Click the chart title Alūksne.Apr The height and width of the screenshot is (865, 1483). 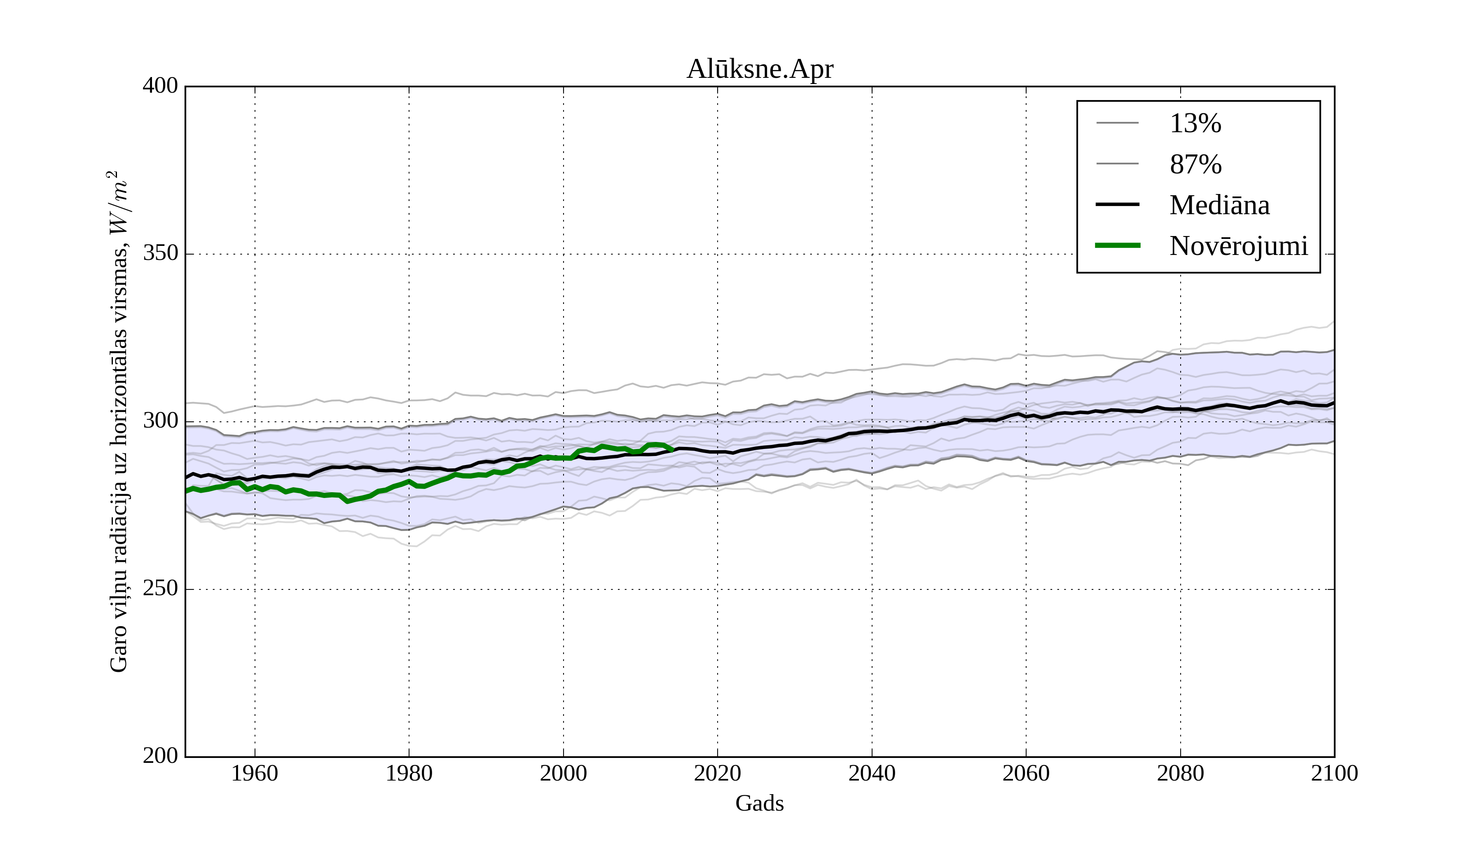[x=760, y=70]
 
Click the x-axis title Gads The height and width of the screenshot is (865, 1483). [x=759, y=803]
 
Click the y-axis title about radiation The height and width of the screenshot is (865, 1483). [x=118, y=421]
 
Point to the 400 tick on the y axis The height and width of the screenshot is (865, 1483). [x=160, y=86]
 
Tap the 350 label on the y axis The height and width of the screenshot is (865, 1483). [x=160, y=254]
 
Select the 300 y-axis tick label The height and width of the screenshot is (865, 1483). [x=160, y=421]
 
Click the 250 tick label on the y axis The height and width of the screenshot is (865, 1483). [x=160, y=589]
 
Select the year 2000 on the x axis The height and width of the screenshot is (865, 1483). [x=563, y=773]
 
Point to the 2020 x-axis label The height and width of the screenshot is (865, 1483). [x=717, y=773]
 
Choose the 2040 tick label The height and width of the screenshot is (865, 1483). [x=872, y=773]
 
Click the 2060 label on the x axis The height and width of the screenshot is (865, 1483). [x=1026, y=773]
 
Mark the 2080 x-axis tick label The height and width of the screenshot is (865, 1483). [x=1180, y=773]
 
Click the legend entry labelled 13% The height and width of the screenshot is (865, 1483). [x=1195, y=124]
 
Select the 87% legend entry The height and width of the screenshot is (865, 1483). [x=1195, y=164]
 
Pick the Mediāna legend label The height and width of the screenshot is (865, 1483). [x=1219, y=205]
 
